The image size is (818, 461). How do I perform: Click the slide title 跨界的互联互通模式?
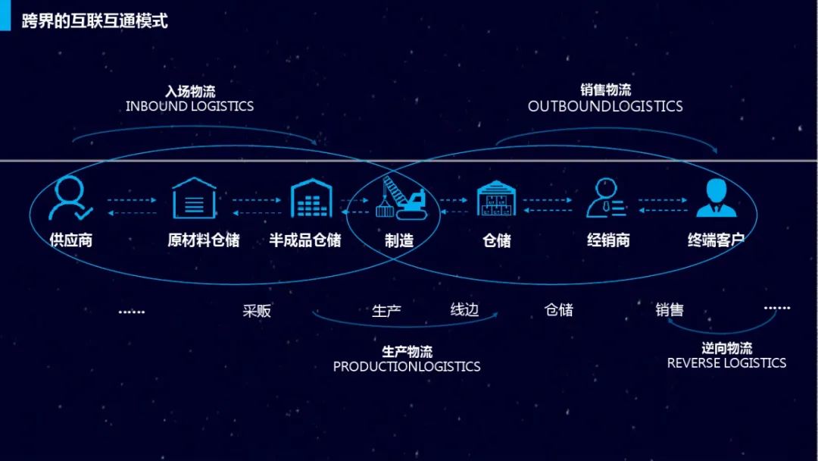[x=95, y=20]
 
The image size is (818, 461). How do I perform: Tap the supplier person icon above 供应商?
[x=70, y=199]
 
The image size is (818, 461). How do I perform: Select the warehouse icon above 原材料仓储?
[x=195, y=198]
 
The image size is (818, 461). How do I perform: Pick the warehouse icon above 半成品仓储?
[x=312, y=198]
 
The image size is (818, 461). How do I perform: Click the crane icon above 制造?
[x=402, y=199]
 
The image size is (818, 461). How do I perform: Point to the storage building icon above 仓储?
[x=496, y=199]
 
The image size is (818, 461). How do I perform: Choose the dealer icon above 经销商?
[x=606, y=199]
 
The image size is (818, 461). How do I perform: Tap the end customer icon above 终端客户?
[x=716, y=199]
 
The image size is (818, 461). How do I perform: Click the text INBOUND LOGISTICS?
[x=189, y=106]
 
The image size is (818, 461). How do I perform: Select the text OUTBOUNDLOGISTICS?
[x=605, y=107]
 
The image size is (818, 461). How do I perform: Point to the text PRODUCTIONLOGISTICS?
[x=407, y=367]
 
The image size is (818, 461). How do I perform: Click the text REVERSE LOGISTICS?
[x=726, y=363]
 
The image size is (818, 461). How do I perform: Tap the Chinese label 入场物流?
[x=190, y=92]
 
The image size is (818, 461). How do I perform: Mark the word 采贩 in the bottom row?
[x=257, y=311]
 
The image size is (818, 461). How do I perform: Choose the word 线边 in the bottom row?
[x=464, y=309]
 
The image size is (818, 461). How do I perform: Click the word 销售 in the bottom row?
[x=670, y=309]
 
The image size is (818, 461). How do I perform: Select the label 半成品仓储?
[x=305, y=240]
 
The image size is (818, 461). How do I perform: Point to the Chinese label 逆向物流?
[x=726, y=349]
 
